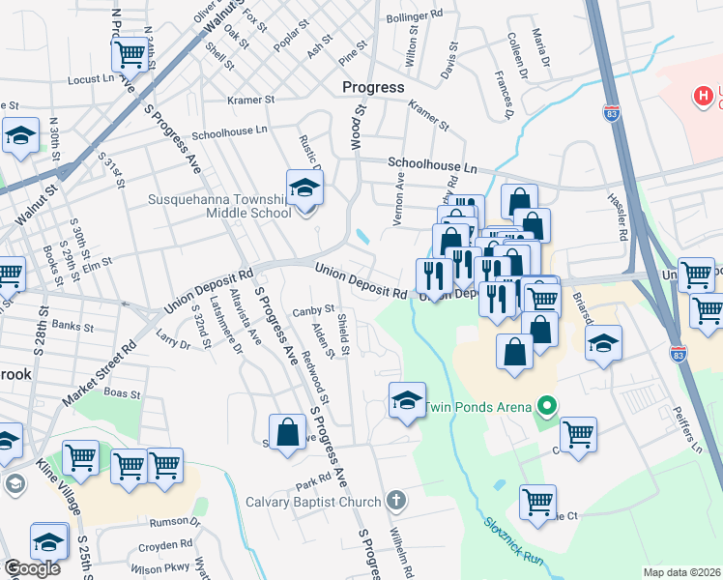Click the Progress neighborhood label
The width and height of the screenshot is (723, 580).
[x=373, y=87]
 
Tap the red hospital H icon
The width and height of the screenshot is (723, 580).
[x=704, y=96]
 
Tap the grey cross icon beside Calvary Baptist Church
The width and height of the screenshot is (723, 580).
[x=393, y=501]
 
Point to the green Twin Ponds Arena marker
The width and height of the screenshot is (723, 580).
[x=547, y=405]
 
